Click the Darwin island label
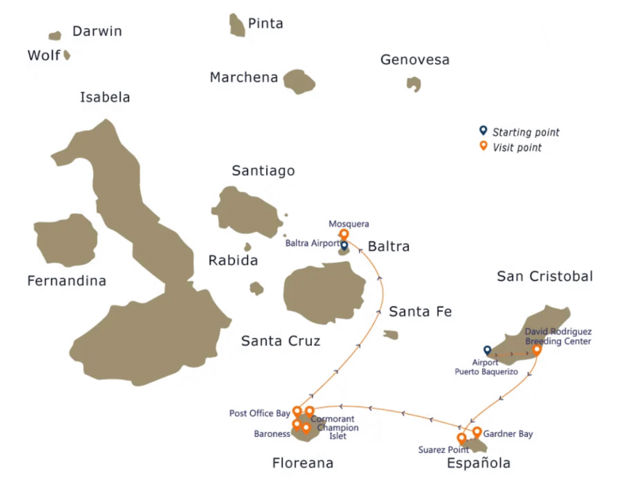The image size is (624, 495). (97, 31)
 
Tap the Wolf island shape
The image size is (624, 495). (67, 55)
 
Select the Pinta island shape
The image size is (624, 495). (237, 25)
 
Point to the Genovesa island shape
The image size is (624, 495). (414, 83)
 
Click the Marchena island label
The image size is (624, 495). (244, 78)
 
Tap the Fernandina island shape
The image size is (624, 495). (66, 240)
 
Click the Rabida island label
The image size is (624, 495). (233, 261)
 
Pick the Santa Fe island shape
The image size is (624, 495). (391, 335)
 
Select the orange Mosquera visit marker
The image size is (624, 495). (344, 234)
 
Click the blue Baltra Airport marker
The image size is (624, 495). (344, 245)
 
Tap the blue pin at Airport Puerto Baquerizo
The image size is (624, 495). (487, 350)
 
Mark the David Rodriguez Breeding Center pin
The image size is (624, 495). (537, 349)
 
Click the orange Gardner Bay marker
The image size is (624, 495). (477, 432)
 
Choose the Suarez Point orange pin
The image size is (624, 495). (461, 438)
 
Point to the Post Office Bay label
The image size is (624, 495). (260, 413)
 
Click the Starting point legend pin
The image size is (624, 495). (483, 131)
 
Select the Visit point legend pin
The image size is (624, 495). (483, 146)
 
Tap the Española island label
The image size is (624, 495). (478, 463)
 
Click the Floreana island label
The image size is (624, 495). (303, 463)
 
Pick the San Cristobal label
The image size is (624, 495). (545, 276)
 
